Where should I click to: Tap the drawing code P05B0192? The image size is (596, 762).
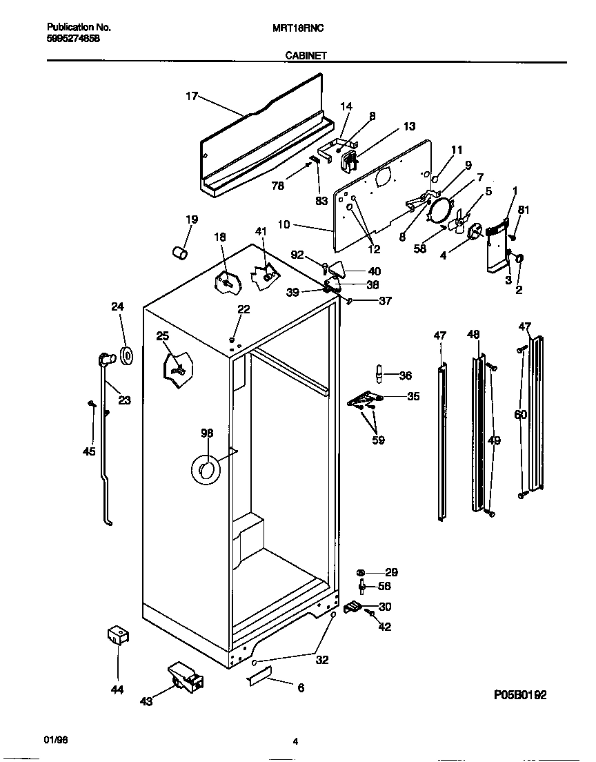(519, 695)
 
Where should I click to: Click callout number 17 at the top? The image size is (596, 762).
(192, 97)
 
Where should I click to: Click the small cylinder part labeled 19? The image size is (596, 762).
(179, 253)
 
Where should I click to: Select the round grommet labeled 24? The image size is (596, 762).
(126, 355)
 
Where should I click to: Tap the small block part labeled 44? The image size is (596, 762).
(118, 636)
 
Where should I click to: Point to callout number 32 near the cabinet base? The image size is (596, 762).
(321, 660)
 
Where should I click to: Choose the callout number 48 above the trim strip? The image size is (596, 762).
(473, 335)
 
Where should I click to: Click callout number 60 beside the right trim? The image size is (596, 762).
(520, 415)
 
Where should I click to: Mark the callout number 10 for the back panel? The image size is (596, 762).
(304, 225)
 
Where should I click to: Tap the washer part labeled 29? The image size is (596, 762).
(361, 573)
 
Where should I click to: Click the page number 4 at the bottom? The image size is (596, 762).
(295, 742)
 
